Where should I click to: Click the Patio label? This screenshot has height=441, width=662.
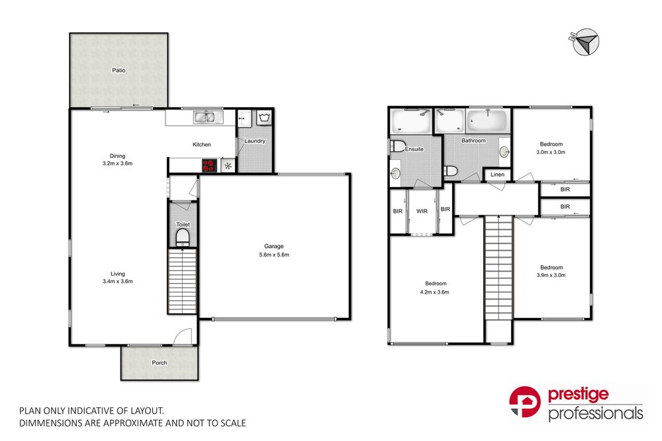118,69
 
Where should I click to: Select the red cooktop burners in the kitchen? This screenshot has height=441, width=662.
209,165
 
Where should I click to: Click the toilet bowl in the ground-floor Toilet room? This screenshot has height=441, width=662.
183,237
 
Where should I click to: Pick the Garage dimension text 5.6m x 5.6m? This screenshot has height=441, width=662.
274,255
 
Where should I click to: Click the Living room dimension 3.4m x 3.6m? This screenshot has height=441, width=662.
118,281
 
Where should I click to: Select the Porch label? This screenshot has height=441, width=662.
160,363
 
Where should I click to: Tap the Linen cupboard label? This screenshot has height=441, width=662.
496,175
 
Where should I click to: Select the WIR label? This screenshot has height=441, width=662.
422,212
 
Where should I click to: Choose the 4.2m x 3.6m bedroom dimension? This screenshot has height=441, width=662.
434,292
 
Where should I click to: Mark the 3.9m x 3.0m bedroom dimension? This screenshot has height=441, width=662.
551,275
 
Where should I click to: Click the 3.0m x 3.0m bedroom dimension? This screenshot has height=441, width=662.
551,151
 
